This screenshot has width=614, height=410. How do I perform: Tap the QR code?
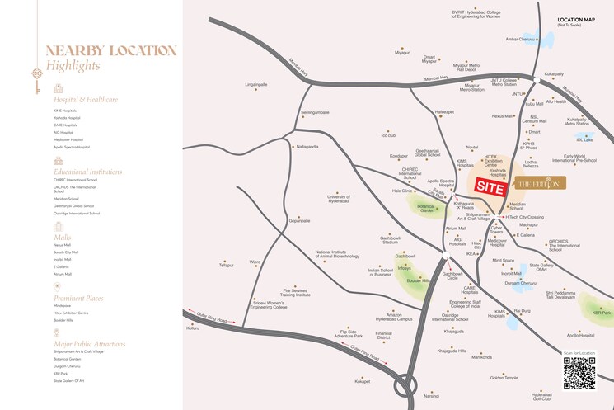[x=579, y=373]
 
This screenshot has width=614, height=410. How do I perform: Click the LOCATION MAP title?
[x=576, y=18]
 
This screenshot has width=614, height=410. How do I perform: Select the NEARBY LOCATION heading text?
[x=110, y=50]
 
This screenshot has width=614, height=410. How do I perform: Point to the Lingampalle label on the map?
[x=256, y=84]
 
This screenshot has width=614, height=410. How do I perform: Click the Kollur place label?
[x=193, y=328]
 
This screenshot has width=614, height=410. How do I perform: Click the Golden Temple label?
[x=504, y=378]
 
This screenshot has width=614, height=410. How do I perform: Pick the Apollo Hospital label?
[x=580, y=335]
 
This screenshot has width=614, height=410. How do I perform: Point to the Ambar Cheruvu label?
[x=521, y=39]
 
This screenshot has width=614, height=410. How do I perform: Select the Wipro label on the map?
[x=254, y=262]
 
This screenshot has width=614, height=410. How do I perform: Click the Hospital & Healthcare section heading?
[x=85, y=99]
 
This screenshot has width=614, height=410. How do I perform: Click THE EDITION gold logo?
[x=537, y=183]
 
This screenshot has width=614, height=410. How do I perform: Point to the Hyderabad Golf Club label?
[x=541, y=398]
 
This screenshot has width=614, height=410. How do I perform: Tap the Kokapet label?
[x=362, y=381]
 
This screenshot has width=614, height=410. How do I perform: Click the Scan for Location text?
[x=579, y=353]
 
